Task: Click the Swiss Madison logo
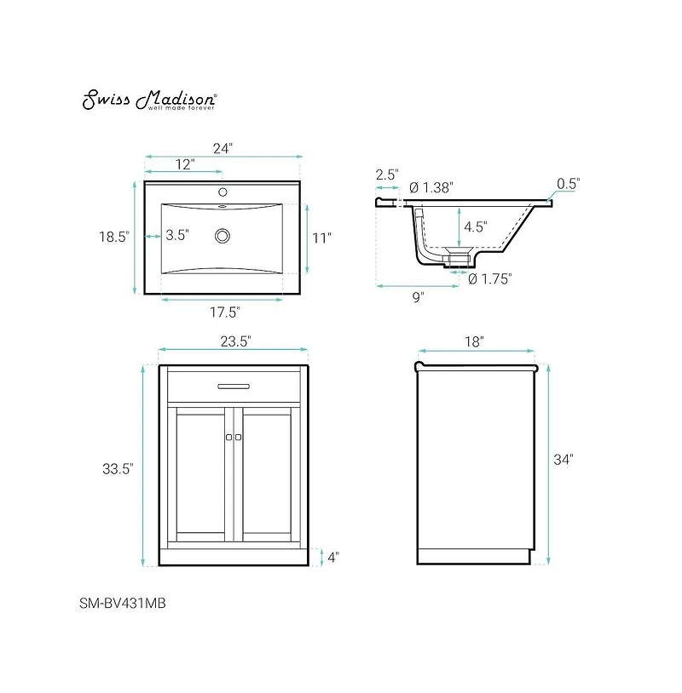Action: pyautogui.click(x=148, y=100)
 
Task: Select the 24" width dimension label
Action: pyautogui.click(x=223, y=148)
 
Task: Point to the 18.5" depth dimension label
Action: pyautogui.click(x=113, y=238)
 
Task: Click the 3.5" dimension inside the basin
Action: pyautogui.click(x=176, y=236)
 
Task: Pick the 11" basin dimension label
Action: pyautogui.click(x=321, y=238)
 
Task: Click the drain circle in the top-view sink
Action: pyautogui.click(x=224, y=235)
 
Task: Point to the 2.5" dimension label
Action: pyautogui.click(x=386, y=175)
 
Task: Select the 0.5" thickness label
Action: pyautogui.click(x=568, y=183)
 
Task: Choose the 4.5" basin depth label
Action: pyautogui.click(x=475, y=227)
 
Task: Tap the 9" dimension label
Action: pyautogui.click(x=418, y=297)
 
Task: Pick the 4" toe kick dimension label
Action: pyautogui.click(x=332, y=558)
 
